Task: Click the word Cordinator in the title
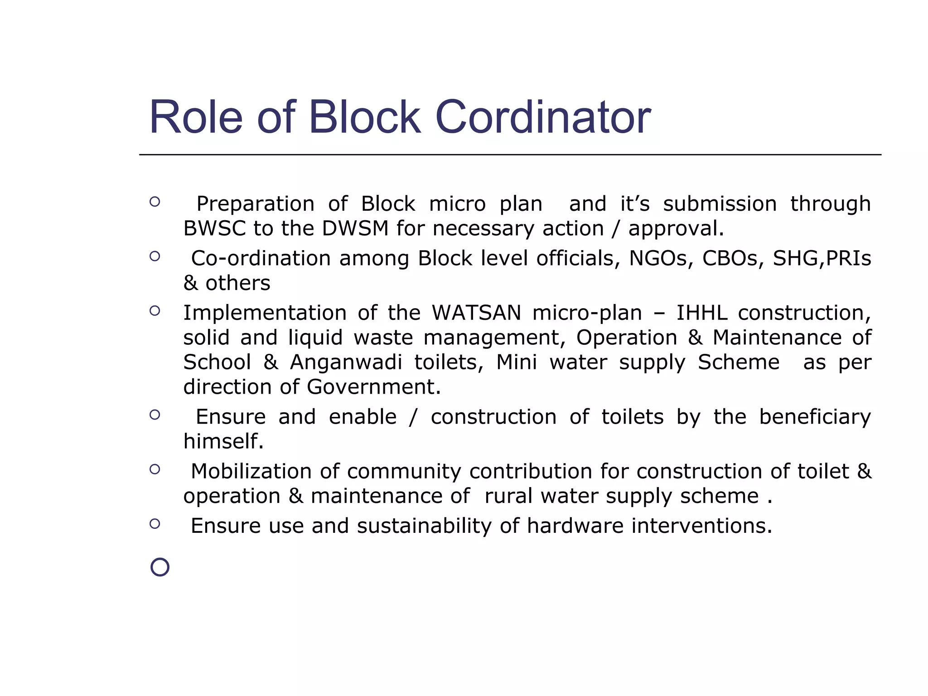[542, 117]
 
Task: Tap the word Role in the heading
[196, 117]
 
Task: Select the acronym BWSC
[214, 228]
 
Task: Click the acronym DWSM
[355, 228]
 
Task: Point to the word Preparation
[255, 204]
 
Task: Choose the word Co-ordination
[261, 258]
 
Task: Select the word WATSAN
[476, 313]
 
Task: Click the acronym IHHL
[702, 313]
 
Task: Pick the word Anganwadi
[346, 362]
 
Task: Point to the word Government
[373, 387]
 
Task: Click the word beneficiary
[815, 417]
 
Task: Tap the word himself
[223, 441]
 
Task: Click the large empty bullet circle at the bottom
[159, 567]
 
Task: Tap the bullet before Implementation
[155, 311]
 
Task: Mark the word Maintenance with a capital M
[777, 338]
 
